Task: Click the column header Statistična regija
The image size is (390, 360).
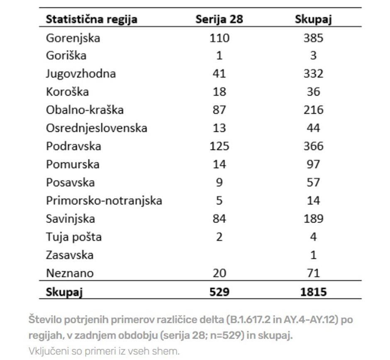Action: [91, 19]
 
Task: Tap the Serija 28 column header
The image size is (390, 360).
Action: [219, 19]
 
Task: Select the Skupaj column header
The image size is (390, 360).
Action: [313, 19]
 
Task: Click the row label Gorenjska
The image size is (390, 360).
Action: [73, 38]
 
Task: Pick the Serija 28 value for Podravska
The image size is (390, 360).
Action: [219, 146]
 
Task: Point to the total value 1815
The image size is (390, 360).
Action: [313, 292]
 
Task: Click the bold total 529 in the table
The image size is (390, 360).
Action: [219, 292]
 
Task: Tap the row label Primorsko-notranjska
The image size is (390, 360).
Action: [104, 201]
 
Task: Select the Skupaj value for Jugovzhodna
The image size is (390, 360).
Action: [313, 74]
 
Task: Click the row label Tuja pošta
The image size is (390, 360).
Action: [73, 237]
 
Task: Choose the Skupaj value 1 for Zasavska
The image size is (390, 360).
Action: [313, 255]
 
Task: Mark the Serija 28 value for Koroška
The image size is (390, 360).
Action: [219, 92]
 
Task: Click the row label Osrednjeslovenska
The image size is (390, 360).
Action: [96, 128]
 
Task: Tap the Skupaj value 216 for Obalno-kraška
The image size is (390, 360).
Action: [313, 110]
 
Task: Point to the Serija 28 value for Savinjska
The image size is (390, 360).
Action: [219, 219]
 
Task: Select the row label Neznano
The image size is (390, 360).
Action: [70, 273]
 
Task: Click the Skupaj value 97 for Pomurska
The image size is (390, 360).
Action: [313, 164]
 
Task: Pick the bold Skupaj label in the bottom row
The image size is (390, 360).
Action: [64, 292]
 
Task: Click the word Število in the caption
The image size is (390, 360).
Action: [44, 320]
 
